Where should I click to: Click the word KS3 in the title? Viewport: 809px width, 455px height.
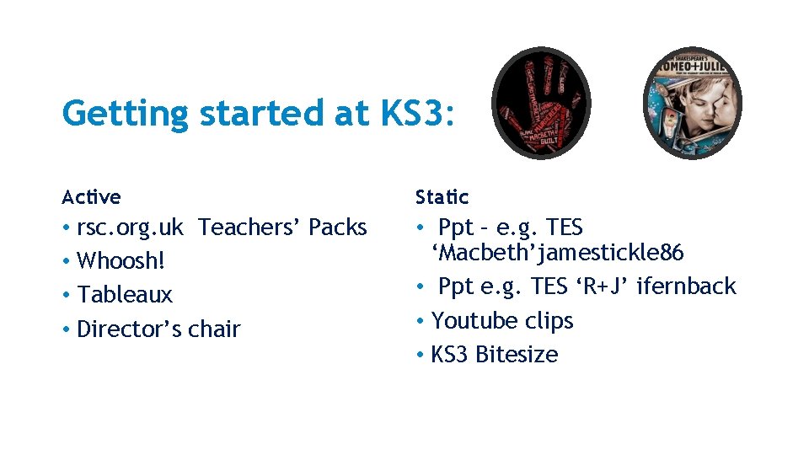419,113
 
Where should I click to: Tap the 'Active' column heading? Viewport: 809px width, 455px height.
91,197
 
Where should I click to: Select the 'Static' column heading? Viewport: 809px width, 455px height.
442,197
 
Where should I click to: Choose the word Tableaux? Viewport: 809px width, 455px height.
125,295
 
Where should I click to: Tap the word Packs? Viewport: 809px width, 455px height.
338,227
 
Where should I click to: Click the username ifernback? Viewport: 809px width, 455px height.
686,286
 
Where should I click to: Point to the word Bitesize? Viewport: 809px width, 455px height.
516,355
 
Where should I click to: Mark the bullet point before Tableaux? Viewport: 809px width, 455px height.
66,296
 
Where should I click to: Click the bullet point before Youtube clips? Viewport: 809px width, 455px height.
420,322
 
